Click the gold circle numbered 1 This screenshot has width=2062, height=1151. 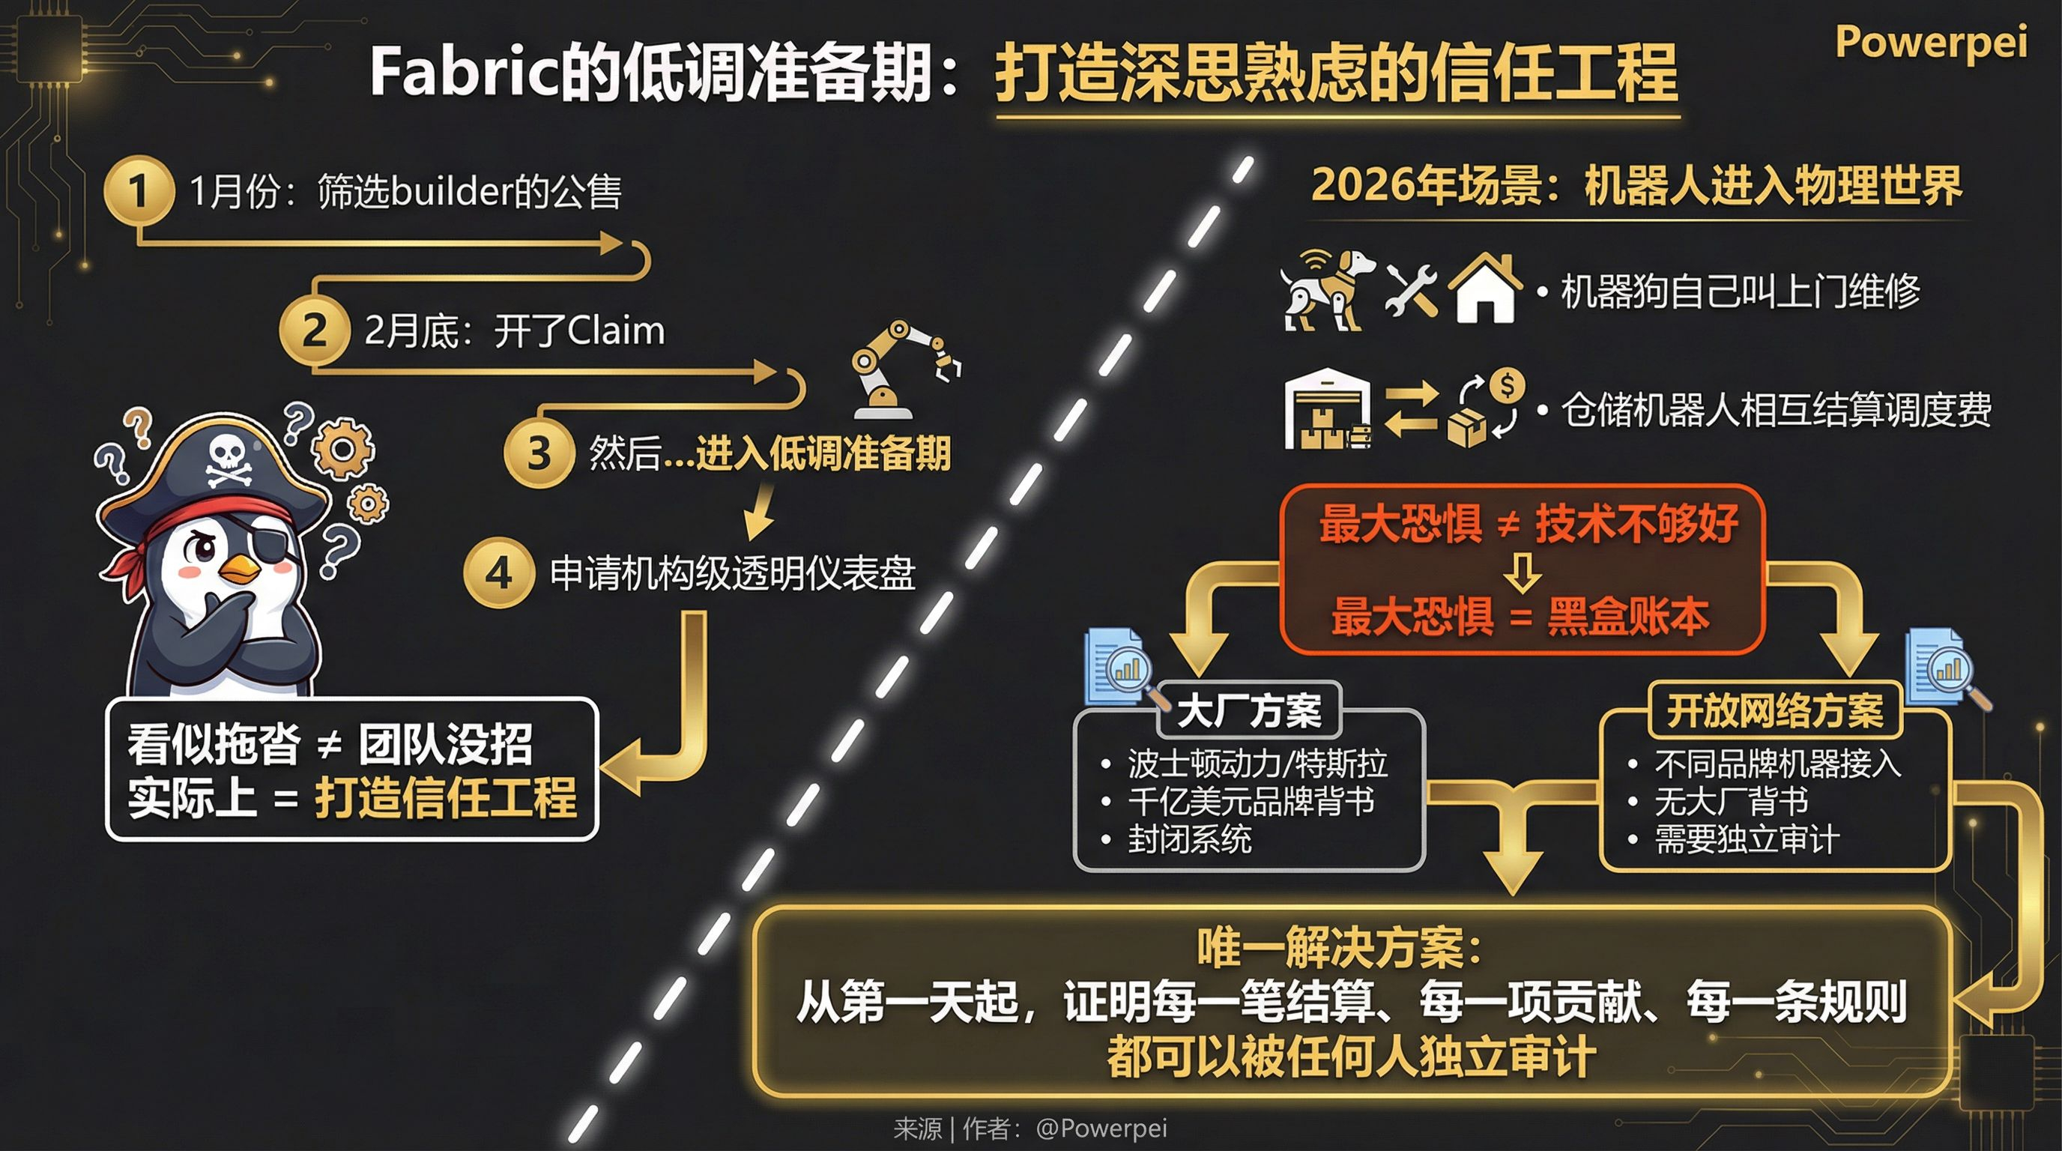click(139, 190)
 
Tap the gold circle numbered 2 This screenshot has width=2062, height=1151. click(315, 330)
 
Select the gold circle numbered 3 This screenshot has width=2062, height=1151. click(539, 453)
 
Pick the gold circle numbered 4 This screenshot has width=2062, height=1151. click(499, 573)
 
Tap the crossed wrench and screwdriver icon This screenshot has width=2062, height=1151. click(1410, 290)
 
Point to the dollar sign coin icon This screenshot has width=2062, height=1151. click(1508, 386)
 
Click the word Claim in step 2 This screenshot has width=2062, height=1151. click(616, 330)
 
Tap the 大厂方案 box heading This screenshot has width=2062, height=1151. click(1249, 710)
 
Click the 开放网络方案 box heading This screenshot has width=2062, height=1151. click(1774, 710)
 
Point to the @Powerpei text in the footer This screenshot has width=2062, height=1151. click(1101, 1128)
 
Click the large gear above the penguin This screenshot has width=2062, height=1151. click(343, 448)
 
